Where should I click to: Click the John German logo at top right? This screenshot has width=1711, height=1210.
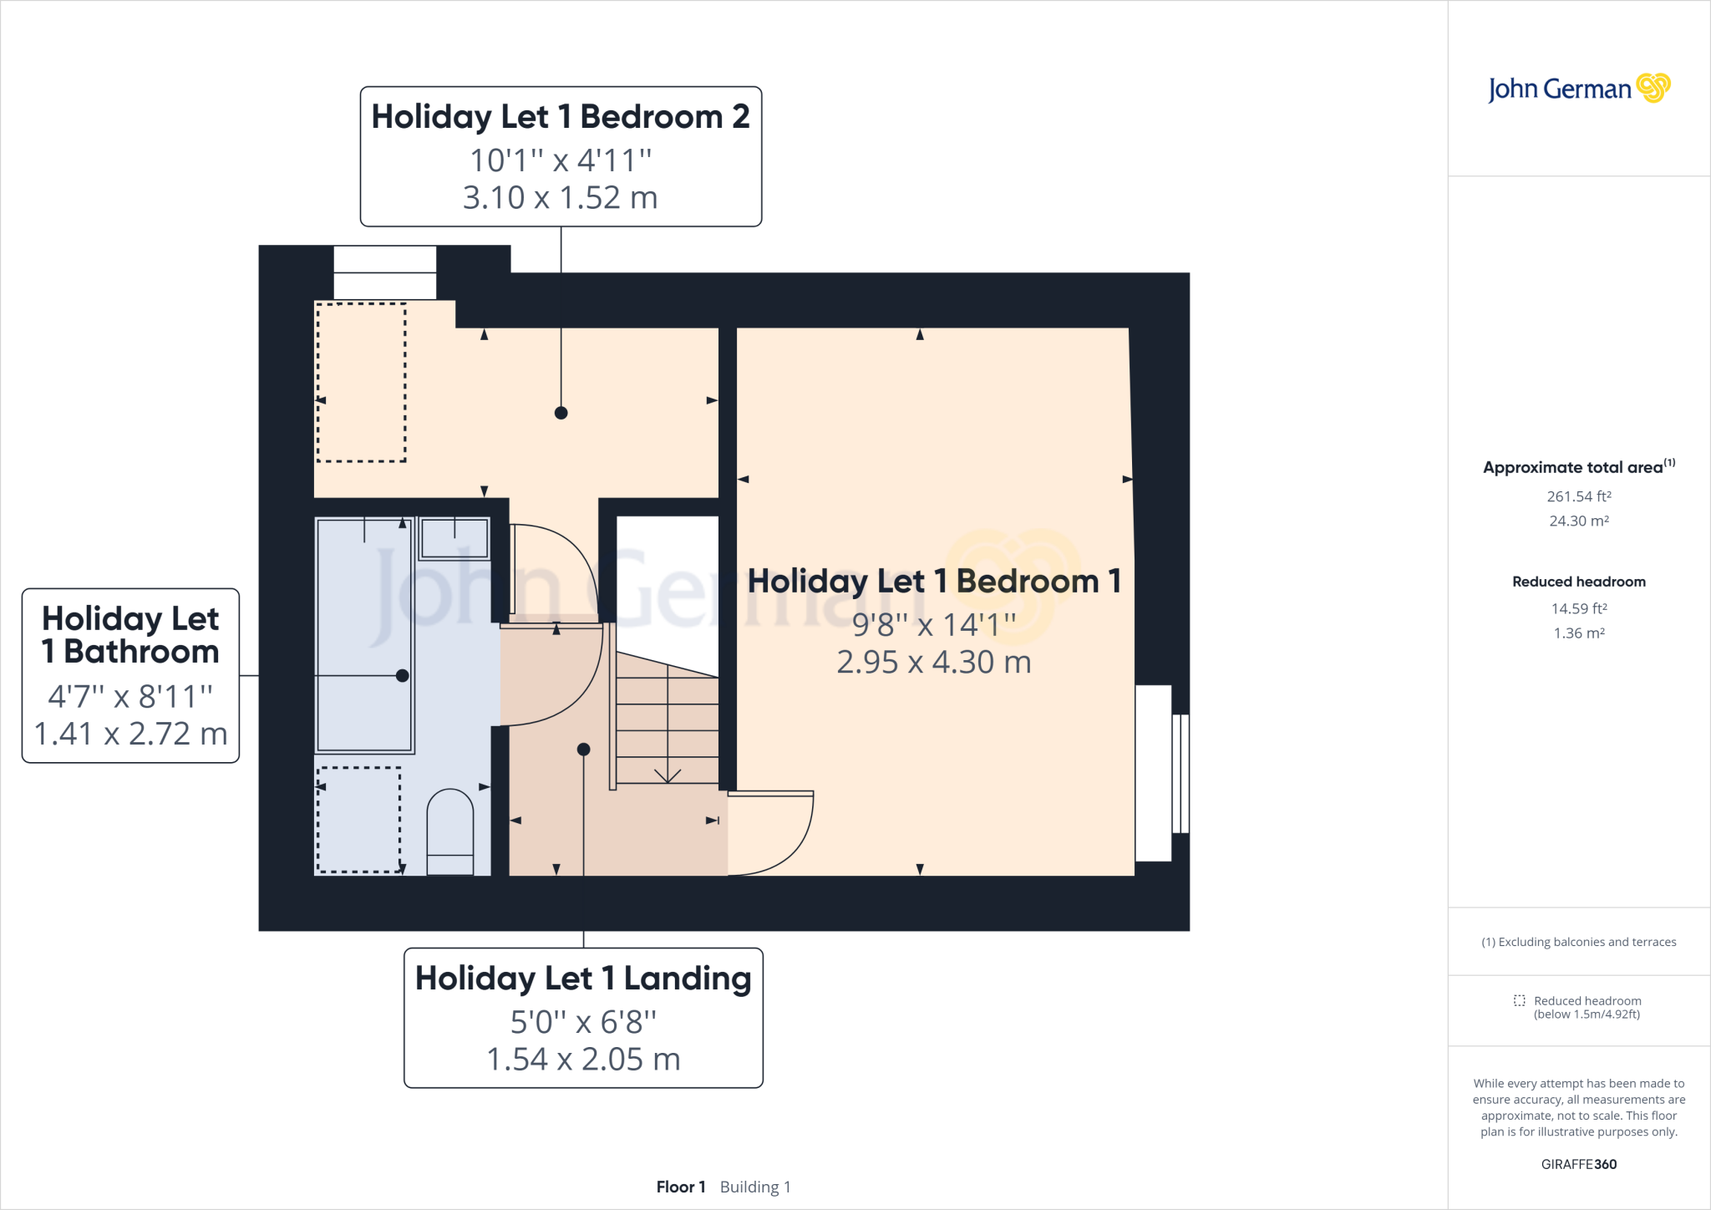[x=1578, y=89]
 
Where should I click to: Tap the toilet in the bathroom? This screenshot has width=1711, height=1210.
[x=450, y=832]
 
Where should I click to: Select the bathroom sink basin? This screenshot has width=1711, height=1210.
[x=454, y=537]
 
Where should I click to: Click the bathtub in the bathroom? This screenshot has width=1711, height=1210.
[x=365, y=635]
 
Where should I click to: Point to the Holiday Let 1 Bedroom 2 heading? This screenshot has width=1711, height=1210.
[x=561, y=117]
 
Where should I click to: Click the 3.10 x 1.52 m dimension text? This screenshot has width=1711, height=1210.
[x=561, y=198]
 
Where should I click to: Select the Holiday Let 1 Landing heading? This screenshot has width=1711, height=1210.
[x=583, y=979]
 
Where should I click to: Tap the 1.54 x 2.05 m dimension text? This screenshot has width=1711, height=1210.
[x=583, y=1060]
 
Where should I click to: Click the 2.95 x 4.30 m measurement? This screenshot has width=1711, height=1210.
[x=934, y=663]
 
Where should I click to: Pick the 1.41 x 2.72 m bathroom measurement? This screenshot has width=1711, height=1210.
[x=130, y=734]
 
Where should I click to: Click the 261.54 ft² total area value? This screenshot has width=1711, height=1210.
[x=1579, y=496]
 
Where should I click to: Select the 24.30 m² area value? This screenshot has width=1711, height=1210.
[x=1579, y=521]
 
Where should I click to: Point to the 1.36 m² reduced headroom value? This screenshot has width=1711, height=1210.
[x=1579, y=633]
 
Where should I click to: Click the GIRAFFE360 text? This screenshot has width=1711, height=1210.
[x=1579, y=1164]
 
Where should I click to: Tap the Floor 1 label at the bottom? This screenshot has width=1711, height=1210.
[x=681, y=1187]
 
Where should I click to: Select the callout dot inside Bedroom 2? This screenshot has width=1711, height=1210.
[x=561, y=413]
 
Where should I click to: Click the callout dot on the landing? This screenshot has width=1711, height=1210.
[x=584, y=750]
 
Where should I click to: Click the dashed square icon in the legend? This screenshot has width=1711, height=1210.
[x=1520, y=1000]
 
